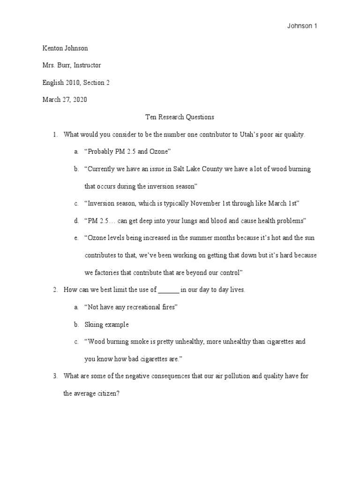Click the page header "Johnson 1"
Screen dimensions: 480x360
(302, 26)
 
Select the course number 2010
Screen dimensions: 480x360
(73, 82)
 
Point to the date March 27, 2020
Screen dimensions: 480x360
(64, 99)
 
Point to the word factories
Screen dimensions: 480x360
(110, 272)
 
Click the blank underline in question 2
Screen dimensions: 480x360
(169, 290)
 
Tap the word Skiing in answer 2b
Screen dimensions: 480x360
(93, 324)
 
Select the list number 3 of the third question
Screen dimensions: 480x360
(55, 376)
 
